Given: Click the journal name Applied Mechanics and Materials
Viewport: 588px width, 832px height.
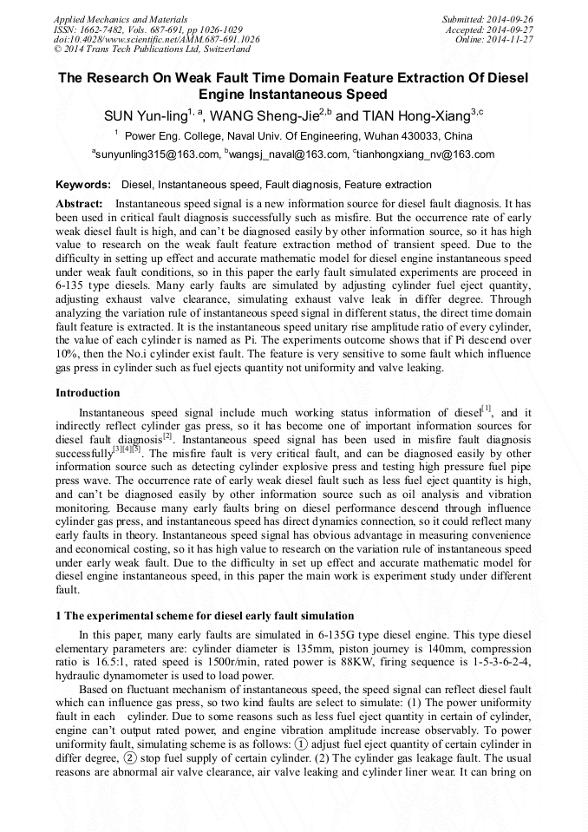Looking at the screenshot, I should [x=121, y=18].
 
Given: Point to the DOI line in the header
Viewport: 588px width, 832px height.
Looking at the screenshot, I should [x=156, y=39].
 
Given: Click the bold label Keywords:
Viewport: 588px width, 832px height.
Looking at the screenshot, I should [x=83, y=185].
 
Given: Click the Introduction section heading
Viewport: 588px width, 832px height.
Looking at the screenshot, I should [x=88, y=393].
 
